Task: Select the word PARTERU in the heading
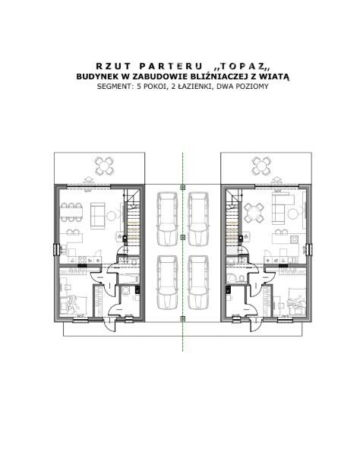point(171,66)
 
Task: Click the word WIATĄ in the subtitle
point(277,77)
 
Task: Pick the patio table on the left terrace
point(104,166)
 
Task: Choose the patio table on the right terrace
point(261,166)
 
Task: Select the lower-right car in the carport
point(197,283)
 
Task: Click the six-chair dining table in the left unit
point(71,212)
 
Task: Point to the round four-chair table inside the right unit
point(254,213)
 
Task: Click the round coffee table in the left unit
point(111,216)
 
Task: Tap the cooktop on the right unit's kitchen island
point(294,239)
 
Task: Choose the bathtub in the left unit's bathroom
point(128,279)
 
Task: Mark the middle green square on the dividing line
point(183,237)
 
